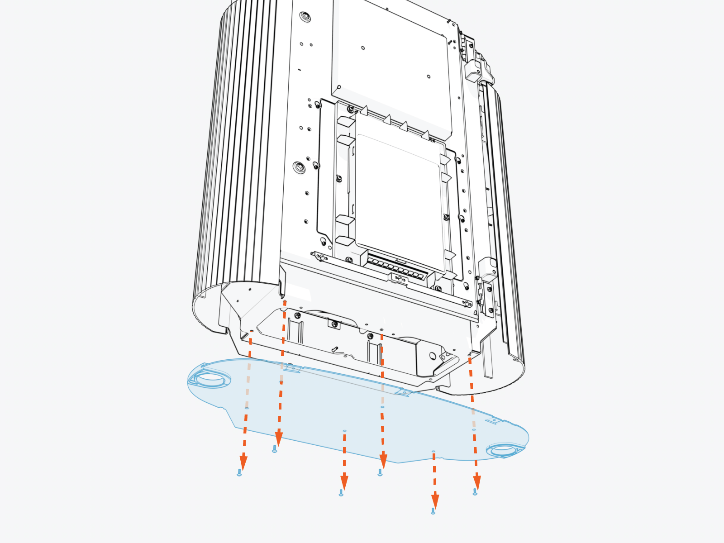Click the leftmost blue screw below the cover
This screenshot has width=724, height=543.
(x=239, y=473)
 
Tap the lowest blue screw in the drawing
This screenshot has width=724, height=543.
(x=433, y=511)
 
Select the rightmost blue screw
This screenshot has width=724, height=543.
(x=475, y=492)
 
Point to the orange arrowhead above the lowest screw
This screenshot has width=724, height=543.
(x=435, y=501)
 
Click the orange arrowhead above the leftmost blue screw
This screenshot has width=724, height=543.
(x=243, y=462)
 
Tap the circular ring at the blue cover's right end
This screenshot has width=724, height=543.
(x=504, y=450)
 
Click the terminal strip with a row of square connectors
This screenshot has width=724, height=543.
(x=396, y=269)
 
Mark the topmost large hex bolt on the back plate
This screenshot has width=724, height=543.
(x=305, y=16)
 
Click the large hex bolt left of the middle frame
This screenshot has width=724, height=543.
(x=299, y=167)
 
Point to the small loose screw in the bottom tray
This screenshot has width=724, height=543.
(x=334, y=349)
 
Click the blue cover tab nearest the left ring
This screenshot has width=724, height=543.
(x=292, y=369)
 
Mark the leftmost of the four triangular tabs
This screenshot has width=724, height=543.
(x=364, y=110)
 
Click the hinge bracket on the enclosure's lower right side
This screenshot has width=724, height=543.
(x=488, y=294)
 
